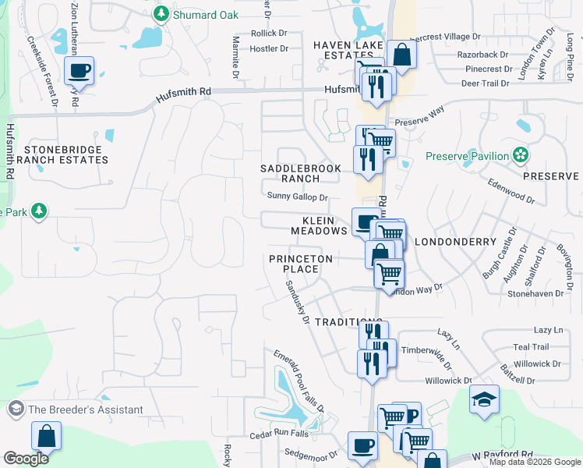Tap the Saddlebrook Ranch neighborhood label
point(290,173)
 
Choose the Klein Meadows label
point(319,226)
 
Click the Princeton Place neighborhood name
point(301,264)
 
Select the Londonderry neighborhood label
point(455,242)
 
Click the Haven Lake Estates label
point(345,51)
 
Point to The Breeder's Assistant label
point(86,409)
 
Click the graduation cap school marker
point(484,399)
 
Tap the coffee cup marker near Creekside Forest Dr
point(79,71)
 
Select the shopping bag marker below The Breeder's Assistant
point(46,436)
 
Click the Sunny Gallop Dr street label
point(297,197)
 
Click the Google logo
point(26,458)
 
